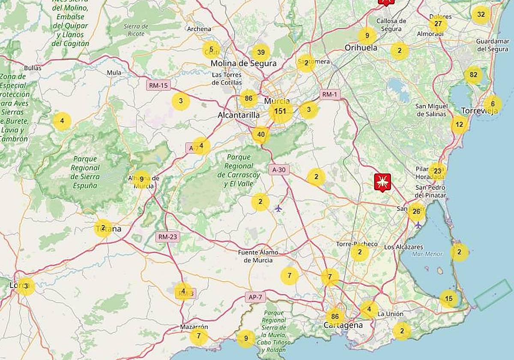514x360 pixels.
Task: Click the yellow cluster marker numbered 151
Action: pyautogui.click(x=280, y=111)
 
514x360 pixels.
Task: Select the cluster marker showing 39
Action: pyautogui.click(x=261, y=53)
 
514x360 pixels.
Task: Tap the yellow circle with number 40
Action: pyautogui.click(x=260, y=135)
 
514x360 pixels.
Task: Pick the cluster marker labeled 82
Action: pyautogui.click(x=473, y=75)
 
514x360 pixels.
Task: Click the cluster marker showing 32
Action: pyautogui.click(x=481, y=15)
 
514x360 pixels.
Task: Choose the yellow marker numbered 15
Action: pyautogui.click(x=448, y=299)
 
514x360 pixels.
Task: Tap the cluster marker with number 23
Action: pyautogui.click(x=437, y=171)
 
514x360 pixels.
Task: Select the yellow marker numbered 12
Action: pyautogui.click(x=460, y=125)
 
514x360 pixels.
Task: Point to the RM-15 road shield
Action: pyautogui.click(x=158, y=85)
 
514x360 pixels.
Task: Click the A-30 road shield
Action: pyautogui.click(x=278, y=170)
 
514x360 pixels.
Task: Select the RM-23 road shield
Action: pyautogui.click(x=167, y=236)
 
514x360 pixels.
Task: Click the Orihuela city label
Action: pyautogui.click(x=361, y=48)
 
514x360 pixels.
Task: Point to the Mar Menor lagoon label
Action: pyautogui.click(x=427, y=254)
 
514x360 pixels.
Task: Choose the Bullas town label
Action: pyautogui.click(x=33, y=68)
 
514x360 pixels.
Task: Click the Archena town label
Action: pyautogui.click(x=199, y=29)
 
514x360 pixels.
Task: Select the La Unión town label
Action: pyautogui.click(x=390, y=314)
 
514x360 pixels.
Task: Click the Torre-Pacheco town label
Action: pyautogui.click(x=357, y=244)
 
